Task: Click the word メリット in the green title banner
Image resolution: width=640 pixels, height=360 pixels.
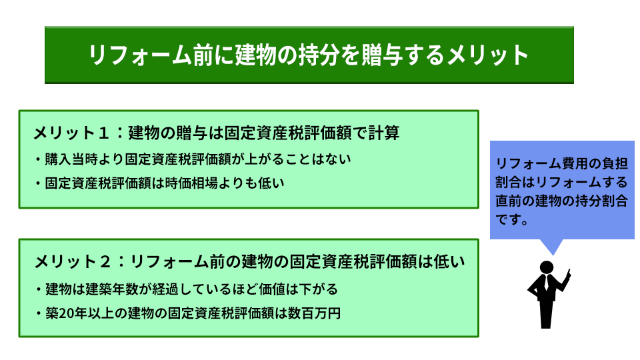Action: tap(487, 55)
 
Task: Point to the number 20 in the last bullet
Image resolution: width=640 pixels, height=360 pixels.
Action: tap(67, 313)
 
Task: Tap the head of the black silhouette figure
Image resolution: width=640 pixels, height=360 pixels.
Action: tap(547, 267)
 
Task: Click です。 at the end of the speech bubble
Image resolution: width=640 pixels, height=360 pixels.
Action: tap(512, 219)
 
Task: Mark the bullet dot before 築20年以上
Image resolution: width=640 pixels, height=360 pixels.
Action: tap(39, 313)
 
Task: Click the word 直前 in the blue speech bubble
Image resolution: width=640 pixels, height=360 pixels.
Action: tap(509, 201)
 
